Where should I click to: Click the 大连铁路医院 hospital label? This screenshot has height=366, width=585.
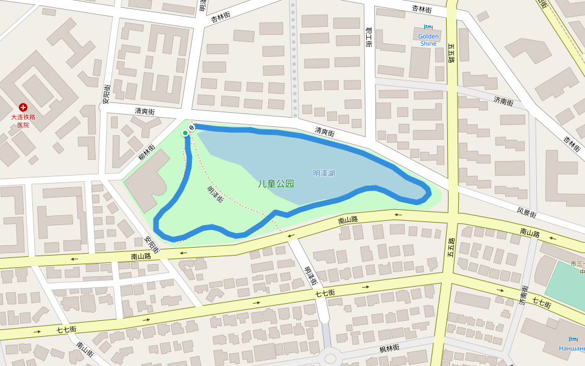coord(23,121)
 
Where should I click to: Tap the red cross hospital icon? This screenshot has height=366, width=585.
coord(23,107)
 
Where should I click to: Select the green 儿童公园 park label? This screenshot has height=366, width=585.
coord(275,183)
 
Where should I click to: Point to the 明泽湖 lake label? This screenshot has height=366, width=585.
coord(324,173)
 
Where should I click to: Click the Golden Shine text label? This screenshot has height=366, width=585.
coord(428,40)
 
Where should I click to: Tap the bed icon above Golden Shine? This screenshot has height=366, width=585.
coord(428,27)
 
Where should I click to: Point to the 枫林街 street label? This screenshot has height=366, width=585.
coord(389,348)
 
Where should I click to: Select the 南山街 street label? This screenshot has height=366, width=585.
coord(85,350)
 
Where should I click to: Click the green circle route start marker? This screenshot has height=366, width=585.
coord(185,133)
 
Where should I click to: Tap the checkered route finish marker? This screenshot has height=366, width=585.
coord(191,127)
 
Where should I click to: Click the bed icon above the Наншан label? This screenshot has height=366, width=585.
coord(573,339)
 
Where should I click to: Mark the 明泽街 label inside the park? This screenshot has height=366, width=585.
coord(215,194)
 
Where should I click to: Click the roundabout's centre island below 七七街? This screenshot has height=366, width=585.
coord(330,358)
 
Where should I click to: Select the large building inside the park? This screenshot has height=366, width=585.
coord(147,181)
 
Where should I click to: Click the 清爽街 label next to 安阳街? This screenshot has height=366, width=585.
coord(144,112)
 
